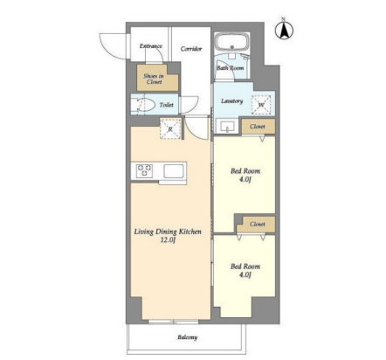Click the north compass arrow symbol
point(284,29)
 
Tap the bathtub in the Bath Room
point(232,42)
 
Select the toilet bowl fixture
point(142,105)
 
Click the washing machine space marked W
point(261,105)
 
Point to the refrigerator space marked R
point(170,128)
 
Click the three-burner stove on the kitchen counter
point(144,170)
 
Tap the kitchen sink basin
point(174,171)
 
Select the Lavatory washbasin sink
point(227,127)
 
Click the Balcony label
point(188,337)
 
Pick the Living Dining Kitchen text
point(168,232)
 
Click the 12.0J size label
point(168,240)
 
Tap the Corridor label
point(191,49)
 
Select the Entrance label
point(151,46)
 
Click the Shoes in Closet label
point(154,79)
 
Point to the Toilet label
point(167,105)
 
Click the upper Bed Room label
point(245,171)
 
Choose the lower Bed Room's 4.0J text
point(245,274)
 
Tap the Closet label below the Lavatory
point(258,127)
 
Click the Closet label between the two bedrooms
point(258,225)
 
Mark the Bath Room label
point(231,68)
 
